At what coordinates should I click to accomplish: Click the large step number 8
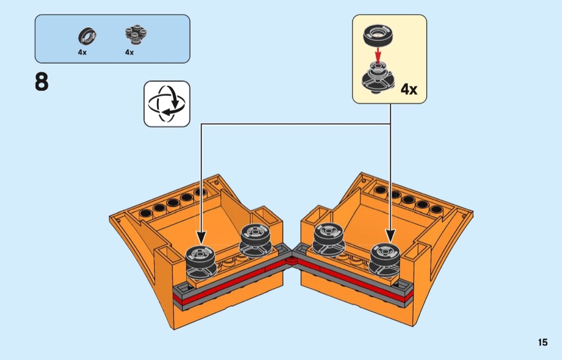(42, 82)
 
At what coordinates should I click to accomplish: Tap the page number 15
(543, 342)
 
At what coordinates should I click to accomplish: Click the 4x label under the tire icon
(82, 52)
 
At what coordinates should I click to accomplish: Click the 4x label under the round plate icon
(130, 52)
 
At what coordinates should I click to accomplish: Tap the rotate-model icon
(166, 104)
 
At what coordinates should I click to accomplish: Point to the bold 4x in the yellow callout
(409, 89)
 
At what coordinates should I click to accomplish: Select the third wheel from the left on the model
(329, 239)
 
